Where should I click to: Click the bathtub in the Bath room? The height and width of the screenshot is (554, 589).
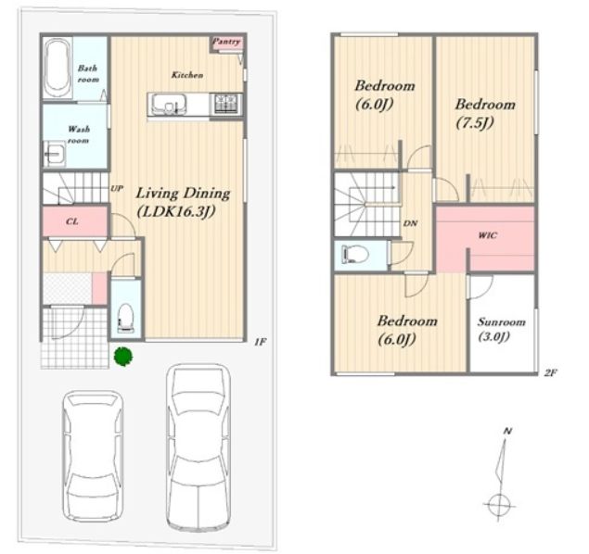[x=58, y=68]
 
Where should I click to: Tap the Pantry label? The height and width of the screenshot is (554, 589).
[x=226, y=42]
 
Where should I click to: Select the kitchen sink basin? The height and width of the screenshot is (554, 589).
[x=168, y=103]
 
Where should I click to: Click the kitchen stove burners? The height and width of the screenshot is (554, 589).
[x=225, y=104]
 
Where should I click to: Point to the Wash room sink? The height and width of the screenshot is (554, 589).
[x=55, y=154]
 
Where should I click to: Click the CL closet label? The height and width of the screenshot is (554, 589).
[x=72, y=221]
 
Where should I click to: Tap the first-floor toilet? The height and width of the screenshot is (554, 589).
[x=126, y=318]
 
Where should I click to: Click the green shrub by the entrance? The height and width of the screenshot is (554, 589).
[x=123, y=356]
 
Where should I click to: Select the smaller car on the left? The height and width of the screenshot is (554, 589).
[x=93, y=456]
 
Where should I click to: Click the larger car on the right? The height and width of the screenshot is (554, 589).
[x=198, y=447]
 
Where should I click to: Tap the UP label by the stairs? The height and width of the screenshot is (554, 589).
[x=117, y=188]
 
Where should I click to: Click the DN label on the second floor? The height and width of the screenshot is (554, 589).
[x=410, y=223]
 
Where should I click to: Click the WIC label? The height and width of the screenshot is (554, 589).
[x=488, y=235]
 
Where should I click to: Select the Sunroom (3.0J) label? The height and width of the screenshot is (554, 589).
[x=501, y=329]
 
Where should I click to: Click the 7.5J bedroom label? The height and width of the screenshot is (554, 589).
[x=485, y=113]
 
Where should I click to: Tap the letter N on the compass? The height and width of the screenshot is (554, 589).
[x=508, y=431]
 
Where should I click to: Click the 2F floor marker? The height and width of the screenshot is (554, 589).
[x=550, y=372]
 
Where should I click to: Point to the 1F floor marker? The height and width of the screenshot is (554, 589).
[x=261, y=342]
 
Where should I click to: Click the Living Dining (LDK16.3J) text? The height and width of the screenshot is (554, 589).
[x=183, y=203]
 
